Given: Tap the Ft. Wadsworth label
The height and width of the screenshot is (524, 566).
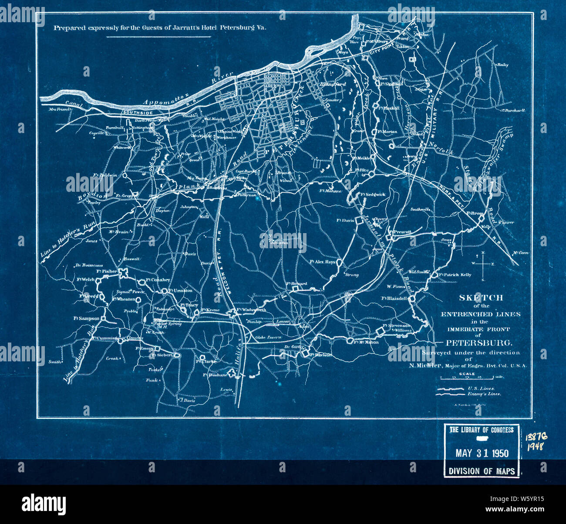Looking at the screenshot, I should click(x=252, y=310).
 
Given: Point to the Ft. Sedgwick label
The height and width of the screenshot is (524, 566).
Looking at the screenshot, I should click(x=373, y=194).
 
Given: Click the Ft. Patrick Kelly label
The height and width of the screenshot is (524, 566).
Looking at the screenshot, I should click(x=455, y=275).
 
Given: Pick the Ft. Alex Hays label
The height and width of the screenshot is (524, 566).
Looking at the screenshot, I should click(x=322, y=262).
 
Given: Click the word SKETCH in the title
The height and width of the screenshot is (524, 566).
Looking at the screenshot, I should click(x=481, y=298).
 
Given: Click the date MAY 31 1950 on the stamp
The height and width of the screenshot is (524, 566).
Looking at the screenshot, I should click(x=482, y=453).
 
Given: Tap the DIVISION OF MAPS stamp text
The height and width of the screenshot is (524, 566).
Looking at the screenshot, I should click(x=482, y=471).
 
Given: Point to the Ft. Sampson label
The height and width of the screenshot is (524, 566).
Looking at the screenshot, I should click(x=86, y=318).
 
